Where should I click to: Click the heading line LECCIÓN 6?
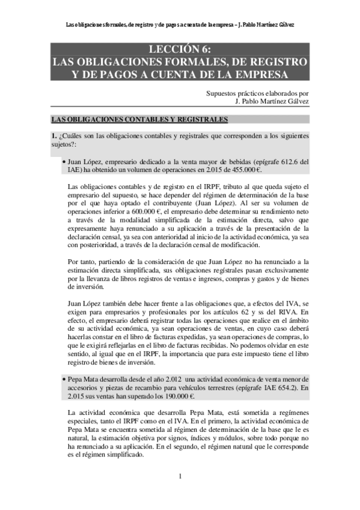tap(180, 50)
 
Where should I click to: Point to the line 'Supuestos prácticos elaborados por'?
tap(257, 93)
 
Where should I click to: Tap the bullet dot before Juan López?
tap(64, 162)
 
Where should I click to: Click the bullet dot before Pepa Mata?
tap(64, 379)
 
